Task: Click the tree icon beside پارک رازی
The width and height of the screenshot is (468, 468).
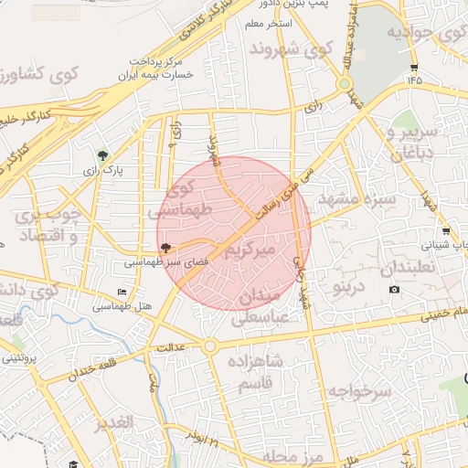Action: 102,156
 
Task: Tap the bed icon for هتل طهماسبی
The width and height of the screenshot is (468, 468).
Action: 122,292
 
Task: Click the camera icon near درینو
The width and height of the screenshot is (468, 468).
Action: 394,290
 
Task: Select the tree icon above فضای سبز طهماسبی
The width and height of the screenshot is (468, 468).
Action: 165,247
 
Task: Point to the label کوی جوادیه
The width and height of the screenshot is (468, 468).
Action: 421,34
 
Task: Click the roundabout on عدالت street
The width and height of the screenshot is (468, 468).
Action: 210,346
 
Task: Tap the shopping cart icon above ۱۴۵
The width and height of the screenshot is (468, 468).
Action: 414,68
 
